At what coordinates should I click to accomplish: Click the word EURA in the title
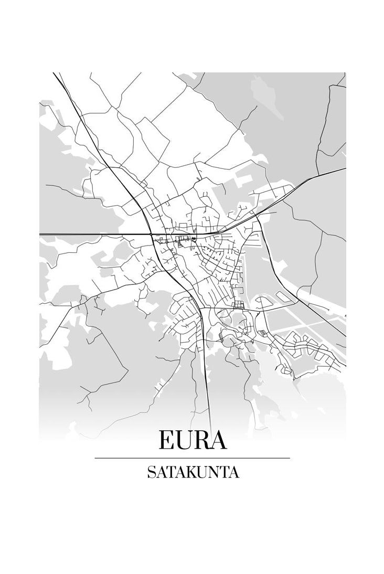click(193, 440)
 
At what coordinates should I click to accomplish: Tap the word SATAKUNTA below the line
click(193, 473)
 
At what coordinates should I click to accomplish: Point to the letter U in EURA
click(185, 441)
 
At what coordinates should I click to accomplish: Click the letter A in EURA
click(218, 440)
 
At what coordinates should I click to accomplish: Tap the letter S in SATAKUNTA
click(151, 473)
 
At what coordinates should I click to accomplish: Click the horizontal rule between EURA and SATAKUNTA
click(192, 458)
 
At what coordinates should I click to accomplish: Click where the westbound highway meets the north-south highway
click(150, 234)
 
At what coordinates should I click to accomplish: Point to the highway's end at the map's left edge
click(40, 234)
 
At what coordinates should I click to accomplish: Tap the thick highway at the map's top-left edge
click(55, 75)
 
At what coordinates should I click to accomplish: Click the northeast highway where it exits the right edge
click(344, 169)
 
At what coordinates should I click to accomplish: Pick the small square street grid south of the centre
click(238, 305)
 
